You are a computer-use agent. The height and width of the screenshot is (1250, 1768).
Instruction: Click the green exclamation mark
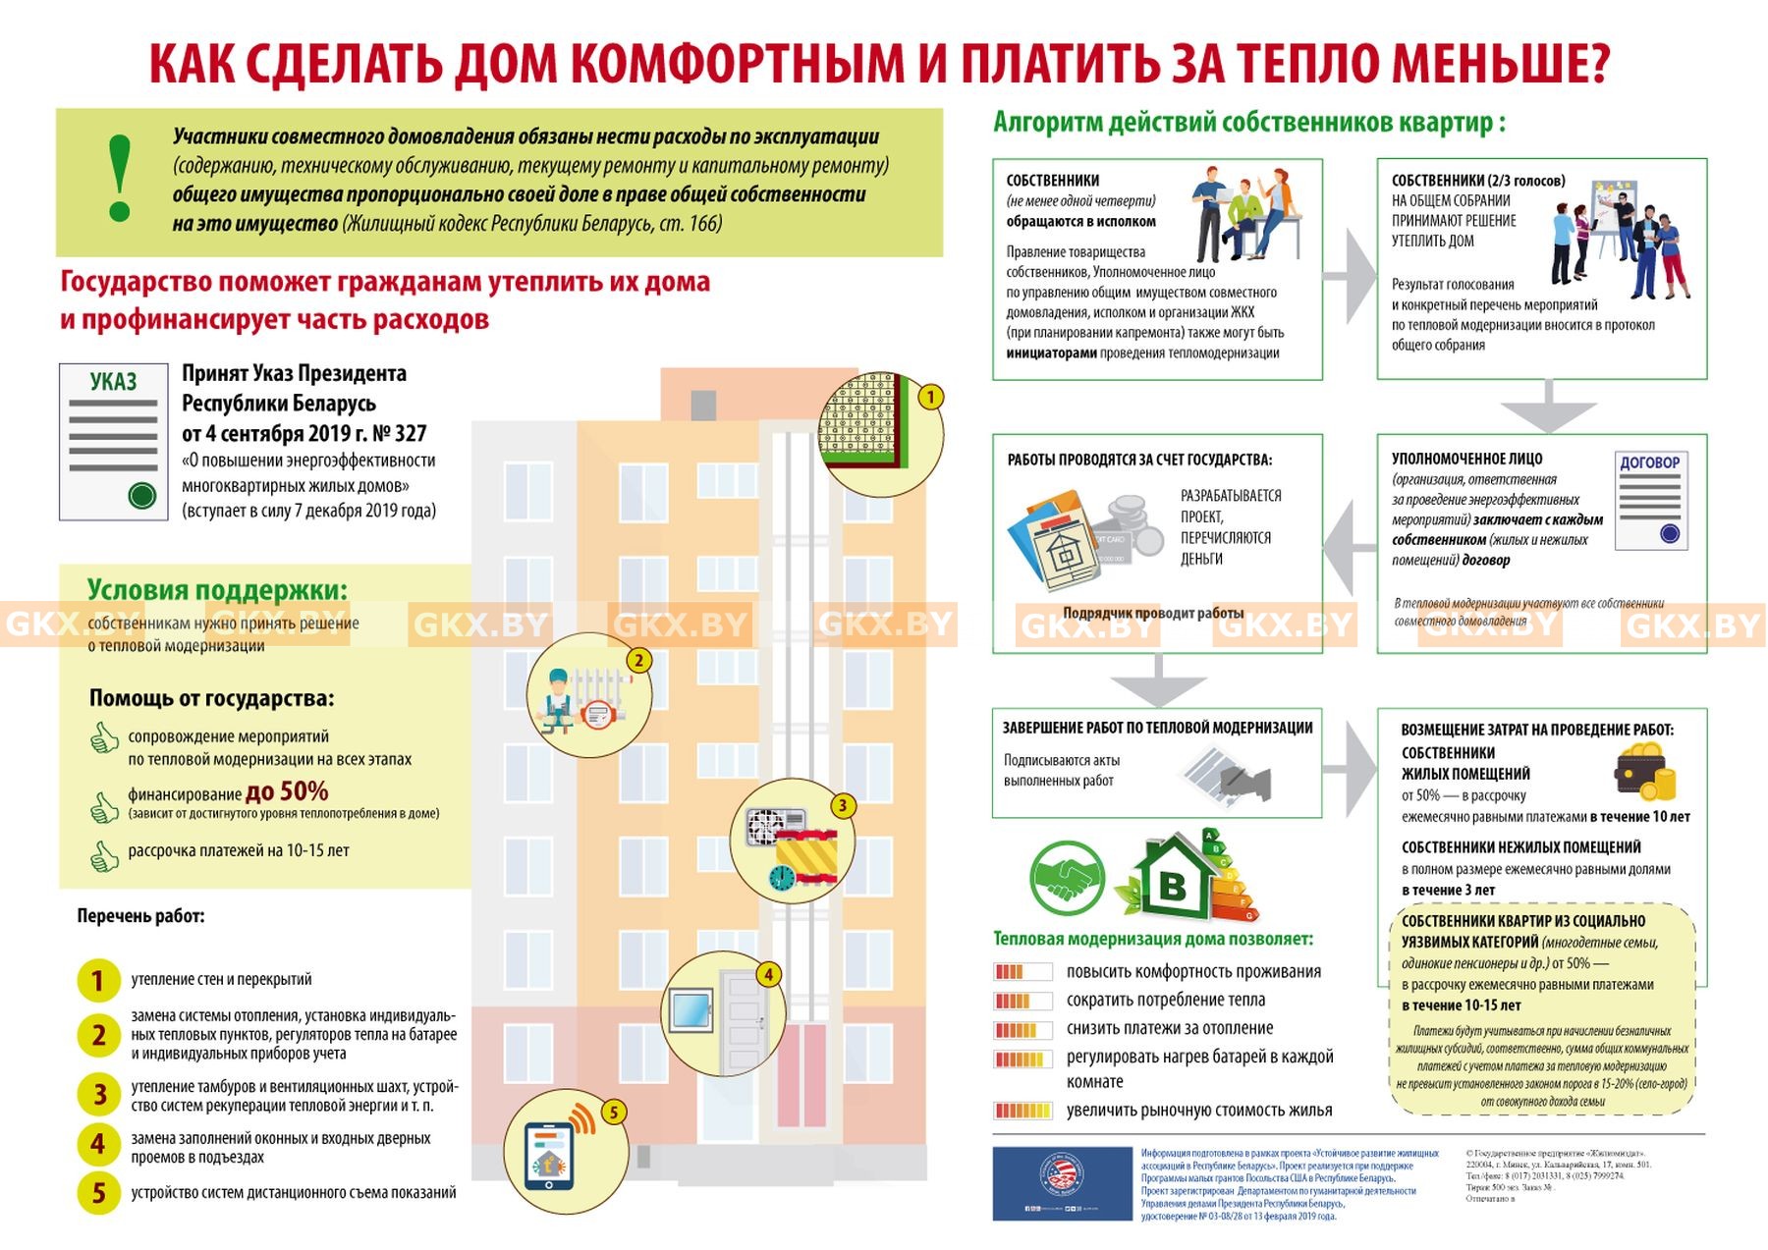tap(120, 178)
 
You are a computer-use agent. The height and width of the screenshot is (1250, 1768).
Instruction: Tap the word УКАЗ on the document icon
tap(114, 382)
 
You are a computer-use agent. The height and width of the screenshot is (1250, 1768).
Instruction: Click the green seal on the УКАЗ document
tap(142, 496)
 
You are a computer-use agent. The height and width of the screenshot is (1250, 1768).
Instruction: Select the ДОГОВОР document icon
tap(1649, 500)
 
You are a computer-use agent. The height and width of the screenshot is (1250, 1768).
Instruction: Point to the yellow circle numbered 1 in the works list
tap(98, 980)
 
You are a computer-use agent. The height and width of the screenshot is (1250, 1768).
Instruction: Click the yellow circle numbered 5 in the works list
tap(98, 1193)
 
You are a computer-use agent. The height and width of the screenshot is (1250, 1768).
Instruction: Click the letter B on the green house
tap(1173, 887)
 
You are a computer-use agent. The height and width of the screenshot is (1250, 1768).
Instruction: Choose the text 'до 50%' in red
tap(287, 791)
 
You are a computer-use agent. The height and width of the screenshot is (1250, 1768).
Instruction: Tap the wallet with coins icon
tap(1643, 771)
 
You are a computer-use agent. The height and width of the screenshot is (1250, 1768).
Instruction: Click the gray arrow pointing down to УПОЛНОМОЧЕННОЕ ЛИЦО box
tap(1548, 406)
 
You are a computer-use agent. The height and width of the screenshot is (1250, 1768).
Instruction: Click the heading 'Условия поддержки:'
tap(217, 590)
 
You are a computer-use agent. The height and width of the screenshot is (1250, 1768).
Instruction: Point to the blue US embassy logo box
tap(1062, 1183)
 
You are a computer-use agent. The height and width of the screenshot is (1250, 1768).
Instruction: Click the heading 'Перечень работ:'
tap(140, 916)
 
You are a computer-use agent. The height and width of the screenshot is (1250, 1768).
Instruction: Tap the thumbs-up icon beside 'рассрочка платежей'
tap(104, 855)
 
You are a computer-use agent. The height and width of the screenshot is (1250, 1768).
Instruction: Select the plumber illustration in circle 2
tap(560, 700)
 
